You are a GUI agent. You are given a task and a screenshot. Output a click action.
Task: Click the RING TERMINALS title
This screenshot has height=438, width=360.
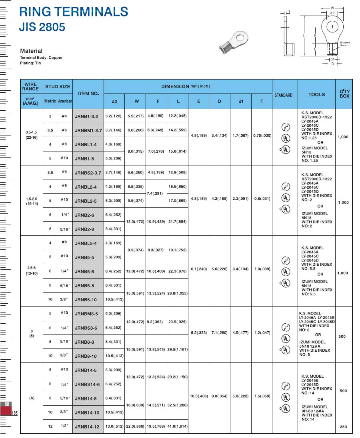pyautogui.click(x=74, y=12)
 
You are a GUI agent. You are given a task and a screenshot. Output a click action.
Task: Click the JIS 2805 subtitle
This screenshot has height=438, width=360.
pyautogui.click(x=42, y=27)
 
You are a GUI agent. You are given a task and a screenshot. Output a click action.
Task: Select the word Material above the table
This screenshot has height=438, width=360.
pyautogui.click(x=31, y=51)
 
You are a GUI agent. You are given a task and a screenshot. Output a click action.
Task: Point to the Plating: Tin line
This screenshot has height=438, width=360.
pyautogui.click(x=30, y=63)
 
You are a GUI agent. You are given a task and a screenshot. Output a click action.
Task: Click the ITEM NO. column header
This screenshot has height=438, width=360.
pyautogui.click(x=88, y=94)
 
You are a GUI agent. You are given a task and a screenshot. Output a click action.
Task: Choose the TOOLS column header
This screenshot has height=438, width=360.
pyautogui.click(x=316, y=95)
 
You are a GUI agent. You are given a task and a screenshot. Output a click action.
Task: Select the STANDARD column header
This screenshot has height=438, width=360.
pyautogui.click(x=284, y=95)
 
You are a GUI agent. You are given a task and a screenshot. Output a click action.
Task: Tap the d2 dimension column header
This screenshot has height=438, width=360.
pyautogui.click(x=114, y=102)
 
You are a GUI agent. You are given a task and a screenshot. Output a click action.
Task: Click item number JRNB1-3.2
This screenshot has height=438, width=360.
pyautogui.click(x=87, y=116)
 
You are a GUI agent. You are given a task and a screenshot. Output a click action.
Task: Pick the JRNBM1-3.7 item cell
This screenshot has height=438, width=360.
pyautogui.click(x=88, y=130)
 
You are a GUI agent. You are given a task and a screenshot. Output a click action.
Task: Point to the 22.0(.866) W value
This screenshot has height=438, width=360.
pyautogui.click(x=135, y=426)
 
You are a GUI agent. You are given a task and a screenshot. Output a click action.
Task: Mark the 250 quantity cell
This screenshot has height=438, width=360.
pyautogui.click(x=343, y=427)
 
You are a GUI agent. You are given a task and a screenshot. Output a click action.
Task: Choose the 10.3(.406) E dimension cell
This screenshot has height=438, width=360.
pyautogui.click(x=198, y=396)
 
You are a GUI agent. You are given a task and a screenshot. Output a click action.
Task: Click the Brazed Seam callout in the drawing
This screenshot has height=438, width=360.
pyautogui.click(x=344, y=44)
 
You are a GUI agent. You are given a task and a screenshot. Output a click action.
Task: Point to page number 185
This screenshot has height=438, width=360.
pyautogui.click(x=15, y=413)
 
